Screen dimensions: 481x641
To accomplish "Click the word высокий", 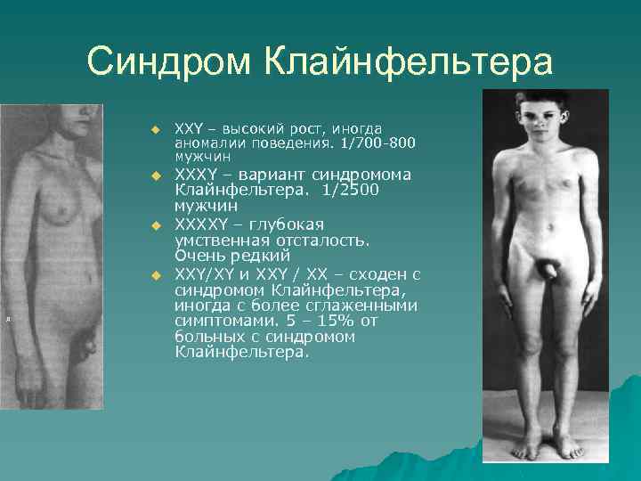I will click(251, 130).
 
